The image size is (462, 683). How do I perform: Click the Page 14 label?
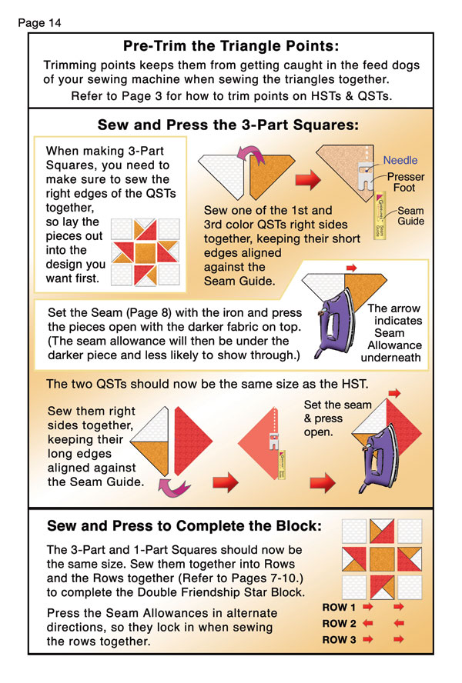[x=39, y=22]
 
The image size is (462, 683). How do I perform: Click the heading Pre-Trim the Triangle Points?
[x=231, y=45]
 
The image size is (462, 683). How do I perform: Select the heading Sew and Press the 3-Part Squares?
[x=228, y=125]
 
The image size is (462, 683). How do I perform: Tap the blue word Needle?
[x=400, y=160]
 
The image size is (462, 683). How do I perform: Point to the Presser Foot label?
[x=406, y=182]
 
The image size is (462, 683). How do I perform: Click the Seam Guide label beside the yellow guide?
[x=410, y=215]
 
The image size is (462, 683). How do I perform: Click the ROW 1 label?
[x=339, y=607]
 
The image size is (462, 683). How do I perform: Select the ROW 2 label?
[x=339, y=624]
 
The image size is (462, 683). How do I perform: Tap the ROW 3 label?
[x=339, y=640]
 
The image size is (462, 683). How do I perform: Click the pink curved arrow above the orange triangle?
[x=250, y=153]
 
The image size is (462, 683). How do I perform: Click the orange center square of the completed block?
[x=382, y=559]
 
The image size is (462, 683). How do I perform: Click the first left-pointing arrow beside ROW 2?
[x=368, y=624]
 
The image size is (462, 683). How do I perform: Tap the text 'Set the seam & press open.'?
[x=337, y=418]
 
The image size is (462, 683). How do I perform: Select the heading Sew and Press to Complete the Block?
[x=184, y=526]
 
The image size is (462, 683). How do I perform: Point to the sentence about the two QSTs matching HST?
[x=207, y=384]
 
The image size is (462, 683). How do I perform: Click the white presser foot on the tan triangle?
[x=366, y=175]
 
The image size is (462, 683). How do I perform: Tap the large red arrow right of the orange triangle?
[x=309, y=179]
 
